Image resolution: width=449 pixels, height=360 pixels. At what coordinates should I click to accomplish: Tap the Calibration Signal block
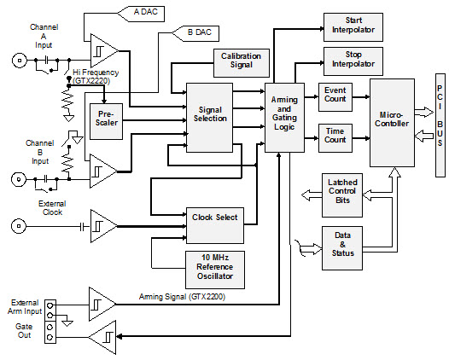tap(241, 61)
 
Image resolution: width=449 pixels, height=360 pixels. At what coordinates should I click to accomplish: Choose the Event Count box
tap(335, 98)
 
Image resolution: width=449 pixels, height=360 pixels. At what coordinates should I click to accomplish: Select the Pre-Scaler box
tap(107, 117)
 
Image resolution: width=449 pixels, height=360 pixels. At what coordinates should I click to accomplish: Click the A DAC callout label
tap(152, 14)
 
